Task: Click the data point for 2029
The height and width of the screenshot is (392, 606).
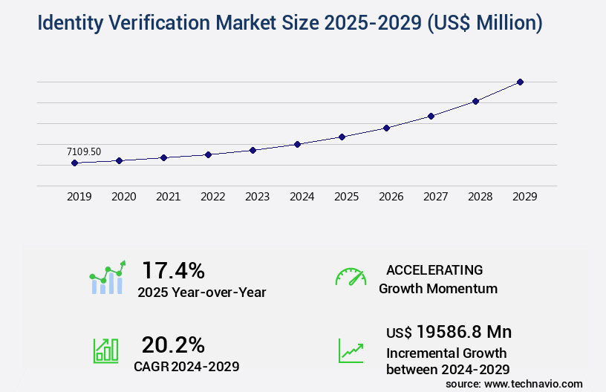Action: tap(521, 82)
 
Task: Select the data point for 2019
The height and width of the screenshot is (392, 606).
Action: tap(74, 163)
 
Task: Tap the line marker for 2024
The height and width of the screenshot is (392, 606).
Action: tap(297, 144)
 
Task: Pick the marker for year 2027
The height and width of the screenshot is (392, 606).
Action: tap(431, 116)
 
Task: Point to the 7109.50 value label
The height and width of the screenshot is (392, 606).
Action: tap(84, 151)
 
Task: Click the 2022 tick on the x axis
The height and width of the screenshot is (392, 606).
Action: tap(212, 197)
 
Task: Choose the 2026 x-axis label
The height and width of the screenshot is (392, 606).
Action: tap(391, 197)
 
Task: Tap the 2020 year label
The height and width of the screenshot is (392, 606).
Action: tap(123, 197)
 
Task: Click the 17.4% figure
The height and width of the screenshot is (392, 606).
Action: tap(173, 269)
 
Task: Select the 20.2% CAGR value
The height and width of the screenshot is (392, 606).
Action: tap(173, 344)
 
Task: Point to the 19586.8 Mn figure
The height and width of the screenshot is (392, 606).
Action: tap(463, 331)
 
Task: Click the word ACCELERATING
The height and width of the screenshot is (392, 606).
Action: tap(434, 269)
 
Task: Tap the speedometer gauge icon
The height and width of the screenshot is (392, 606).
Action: tap(351, 276)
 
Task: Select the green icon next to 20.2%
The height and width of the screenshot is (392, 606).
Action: tap(105, 350)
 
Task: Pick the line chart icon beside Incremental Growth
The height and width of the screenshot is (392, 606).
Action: tap(351, 350)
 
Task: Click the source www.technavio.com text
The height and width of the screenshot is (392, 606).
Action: tap(514, 384)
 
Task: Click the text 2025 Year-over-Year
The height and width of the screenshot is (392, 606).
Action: tap(201, 292)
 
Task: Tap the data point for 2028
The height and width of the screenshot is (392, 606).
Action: tap(476, 101)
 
